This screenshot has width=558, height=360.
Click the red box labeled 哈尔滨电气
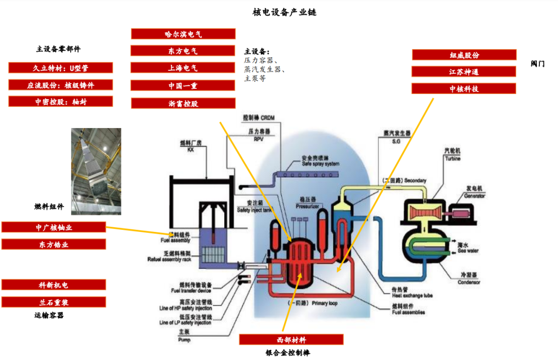(x=183, y=34)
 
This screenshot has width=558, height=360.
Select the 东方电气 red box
(x=183, y=51)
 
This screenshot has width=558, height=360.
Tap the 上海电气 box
(x=183, y=68)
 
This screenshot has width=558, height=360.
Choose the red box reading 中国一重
(x=183, y=85)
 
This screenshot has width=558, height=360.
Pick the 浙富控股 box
(x=183, y=103)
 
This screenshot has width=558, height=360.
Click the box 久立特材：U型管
(x=60, y=68)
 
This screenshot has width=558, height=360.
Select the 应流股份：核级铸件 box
(x=60, y=85)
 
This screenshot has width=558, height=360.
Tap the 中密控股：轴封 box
(x=60, y=102)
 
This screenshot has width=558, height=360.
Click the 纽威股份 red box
(x=464, y=55)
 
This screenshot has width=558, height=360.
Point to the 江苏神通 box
(x=464, y=71)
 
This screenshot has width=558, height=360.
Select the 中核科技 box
(x=464, y=88)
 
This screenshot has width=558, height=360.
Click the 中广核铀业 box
(x=54, y=227)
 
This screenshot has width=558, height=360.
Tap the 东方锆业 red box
(x=54, y=244)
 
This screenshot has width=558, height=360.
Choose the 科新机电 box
(x=54, y=285)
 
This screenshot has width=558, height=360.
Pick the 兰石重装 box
(x=54, y=302)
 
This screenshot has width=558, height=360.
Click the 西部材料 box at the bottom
(x=291, y=339)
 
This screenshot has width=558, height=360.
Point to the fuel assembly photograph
(x=96, y=171)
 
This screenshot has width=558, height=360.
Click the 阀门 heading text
(x=537, y=64)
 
